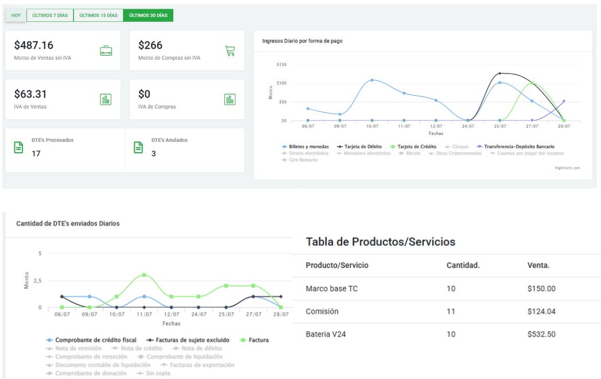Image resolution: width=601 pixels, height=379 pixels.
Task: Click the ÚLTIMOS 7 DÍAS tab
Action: (50, 15)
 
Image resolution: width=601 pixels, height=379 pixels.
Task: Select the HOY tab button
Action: (16, 15)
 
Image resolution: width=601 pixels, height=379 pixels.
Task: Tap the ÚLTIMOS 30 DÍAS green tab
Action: (148, 15)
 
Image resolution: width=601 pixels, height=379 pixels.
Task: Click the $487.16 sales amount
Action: (34, 45)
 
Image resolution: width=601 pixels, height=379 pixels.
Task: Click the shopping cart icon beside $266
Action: (230, 51)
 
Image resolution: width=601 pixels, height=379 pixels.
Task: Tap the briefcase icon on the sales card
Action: (106, 51)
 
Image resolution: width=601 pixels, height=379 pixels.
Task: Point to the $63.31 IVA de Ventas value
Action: (30, 94)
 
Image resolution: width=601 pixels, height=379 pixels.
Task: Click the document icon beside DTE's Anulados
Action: (138, 148)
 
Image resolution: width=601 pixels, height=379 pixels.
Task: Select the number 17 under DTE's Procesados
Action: (36, 154)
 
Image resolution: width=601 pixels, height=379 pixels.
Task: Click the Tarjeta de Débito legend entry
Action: (359, 147)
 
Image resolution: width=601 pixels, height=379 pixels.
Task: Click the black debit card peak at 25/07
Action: (499, 74)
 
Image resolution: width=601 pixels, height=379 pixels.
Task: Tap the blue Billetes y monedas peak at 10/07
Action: (372, 80)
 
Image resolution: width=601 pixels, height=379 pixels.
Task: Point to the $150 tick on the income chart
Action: (281, 64)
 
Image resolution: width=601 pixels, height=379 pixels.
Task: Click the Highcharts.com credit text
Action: (567, 168)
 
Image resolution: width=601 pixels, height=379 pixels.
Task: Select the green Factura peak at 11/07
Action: (145, 275)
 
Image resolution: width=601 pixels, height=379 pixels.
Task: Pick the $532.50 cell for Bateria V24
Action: (541, 334)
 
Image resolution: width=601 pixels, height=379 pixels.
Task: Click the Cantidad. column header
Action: (463, 265)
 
